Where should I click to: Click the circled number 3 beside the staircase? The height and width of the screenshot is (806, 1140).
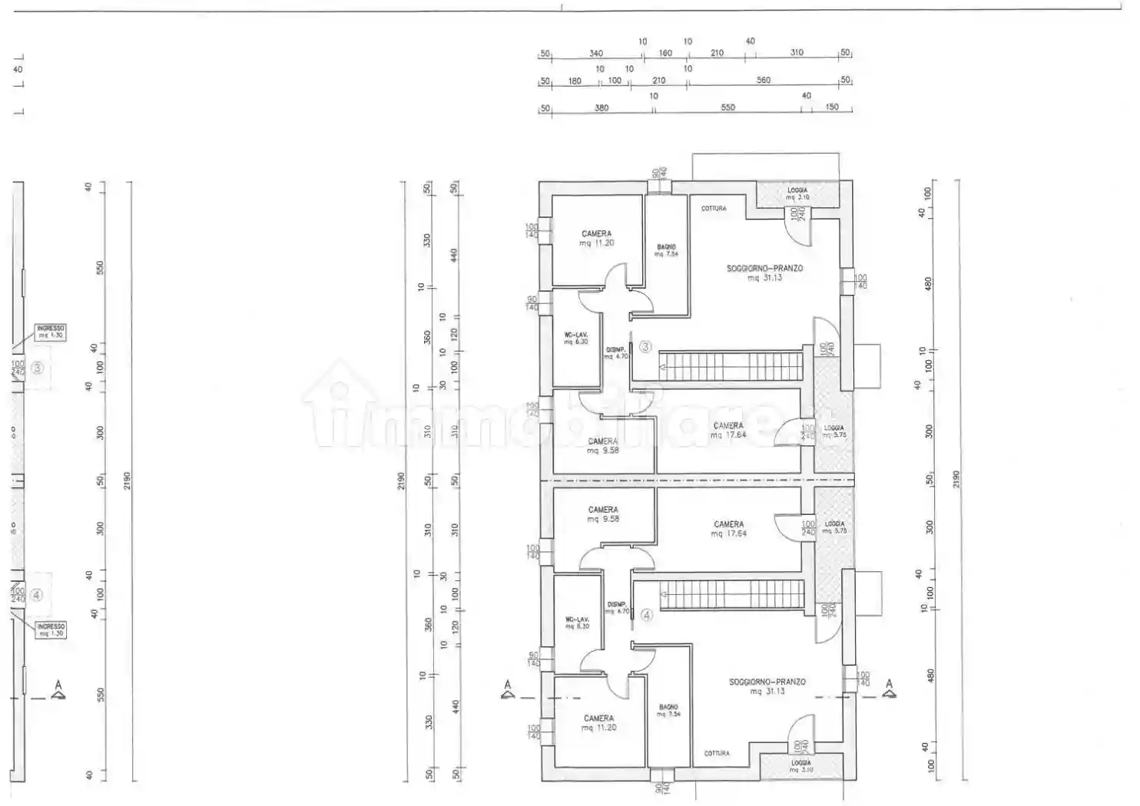click(645, 347)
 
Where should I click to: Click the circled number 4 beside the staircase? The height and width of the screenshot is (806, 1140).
click(647, 615)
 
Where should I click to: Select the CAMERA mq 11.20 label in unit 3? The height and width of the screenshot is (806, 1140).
click(597, 239)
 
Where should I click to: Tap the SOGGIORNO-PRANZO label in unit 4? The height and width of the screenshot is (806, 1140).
click(767, 686)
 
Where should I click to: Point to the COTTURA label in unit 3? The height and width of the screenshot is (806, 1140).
click(714, 209)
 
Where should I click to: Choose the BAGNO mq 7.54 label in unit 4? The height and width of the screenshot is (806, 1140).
click(668, 710)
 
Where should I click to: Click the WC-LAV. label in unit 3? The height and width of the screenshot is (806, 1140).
click(576, 339)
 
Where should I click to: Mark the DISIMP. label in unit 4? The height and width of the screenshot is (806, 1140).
click(617, 608)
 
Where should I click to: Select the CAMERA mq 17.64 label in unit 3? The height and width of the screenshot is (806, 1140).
click(728, 430)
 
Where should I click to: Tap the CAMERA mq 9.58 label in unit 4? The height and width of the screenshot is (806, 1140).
click(603, 514)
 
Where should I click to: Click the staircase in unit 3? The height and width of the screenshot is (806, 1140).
click(731, 366)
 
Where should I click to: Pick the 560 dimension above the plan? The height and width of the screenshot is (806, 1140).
click(763, 80)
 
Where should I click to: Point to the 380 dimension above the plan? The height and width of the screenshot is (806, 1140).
click(601, 108)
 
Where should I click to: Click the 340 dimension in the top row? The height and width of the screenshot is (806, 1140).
click(596, 53)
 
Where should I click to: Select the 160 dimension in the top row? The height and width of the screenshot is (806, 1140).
click(665, 53)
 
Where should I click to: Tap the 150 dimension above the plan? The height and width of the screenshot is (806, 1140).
click(832, 107)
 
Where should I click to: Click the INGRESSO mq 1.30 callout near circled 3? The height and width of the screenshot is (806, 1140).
click(51, 332)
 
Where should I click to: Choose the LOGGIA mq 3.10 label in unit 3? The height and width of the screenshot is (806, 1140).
click(797, 193)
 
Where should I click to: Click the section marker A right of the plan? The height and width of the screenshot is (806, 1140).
click(890, 689)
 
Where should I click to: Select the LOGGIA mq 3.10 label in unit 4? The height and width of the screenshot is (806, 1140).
click(800, 766)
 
